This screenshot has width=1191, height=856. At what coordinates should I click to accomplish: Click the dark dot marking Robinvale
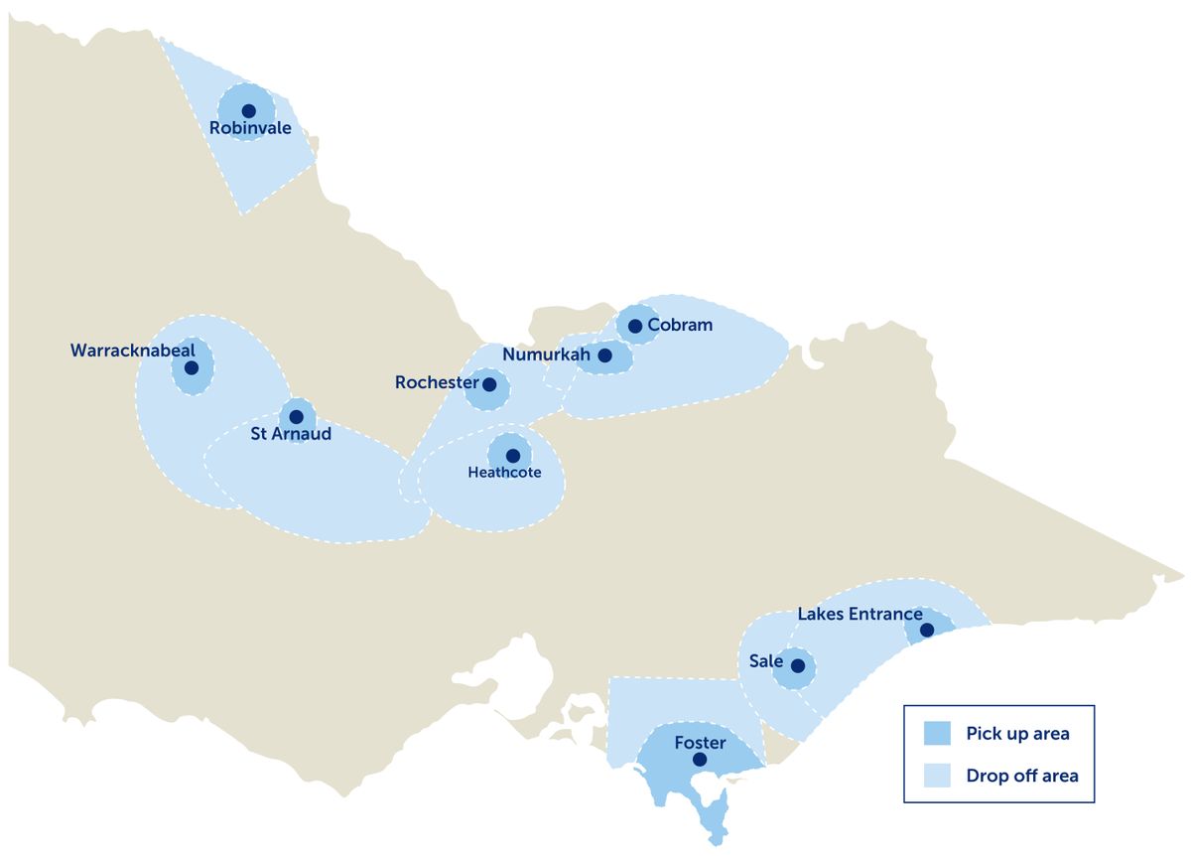tap(248, 110)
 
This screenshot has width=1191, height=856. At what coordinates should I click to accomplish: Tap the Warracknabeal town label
tap(133, 351)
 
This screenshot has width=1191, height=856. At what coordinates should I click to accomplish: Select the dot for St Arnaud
tap(296, 416)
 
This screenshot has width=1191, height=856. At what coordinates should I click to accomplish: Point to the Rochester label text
tap(437, 382)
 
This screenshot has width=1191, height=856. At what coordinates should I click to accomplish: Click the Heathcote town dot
tap(512, 456)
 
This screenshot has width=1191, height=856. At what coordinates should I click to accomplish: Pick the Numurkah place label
tap(546, 355)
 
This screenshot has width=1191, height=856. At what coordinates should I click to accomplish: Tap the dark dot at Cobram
tap(635, 326)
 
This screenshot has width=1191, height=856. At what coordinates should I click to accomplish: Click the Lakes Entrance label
tap(860, 615)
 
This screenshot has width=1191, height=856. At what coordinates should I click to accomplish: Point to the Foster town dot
tap(700, 760)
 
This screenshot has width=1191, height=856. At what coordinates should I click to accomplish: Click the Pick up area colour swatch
tap(937, 734)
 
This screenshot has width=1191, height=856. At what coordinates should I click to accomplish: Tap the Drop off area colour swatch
tap(937, 776)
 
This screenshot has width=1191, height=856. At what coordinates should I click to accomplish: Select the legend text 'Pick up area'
tap(1017, 734)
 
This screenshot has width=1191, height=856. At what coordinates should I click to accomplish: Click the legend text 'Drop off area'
tap(1021, 776)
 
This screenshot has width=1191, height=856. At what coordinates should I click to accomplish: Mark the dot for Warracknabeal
tap(192, 367)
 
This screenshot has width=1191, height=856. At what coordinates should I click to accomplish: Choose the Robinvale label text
tap(250, 127)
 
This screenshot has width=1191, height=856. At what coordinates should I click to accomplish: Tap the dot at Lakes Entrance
tap(926, 630)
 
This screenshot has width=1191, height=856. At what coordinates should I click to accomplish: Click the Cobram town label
tap(680, 325)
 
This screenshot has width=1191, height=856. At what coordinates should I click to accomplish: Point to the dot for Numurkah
tap(604, 355)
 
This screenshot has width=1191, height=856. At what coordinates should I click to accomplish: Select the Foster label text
tap(700, 743)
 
